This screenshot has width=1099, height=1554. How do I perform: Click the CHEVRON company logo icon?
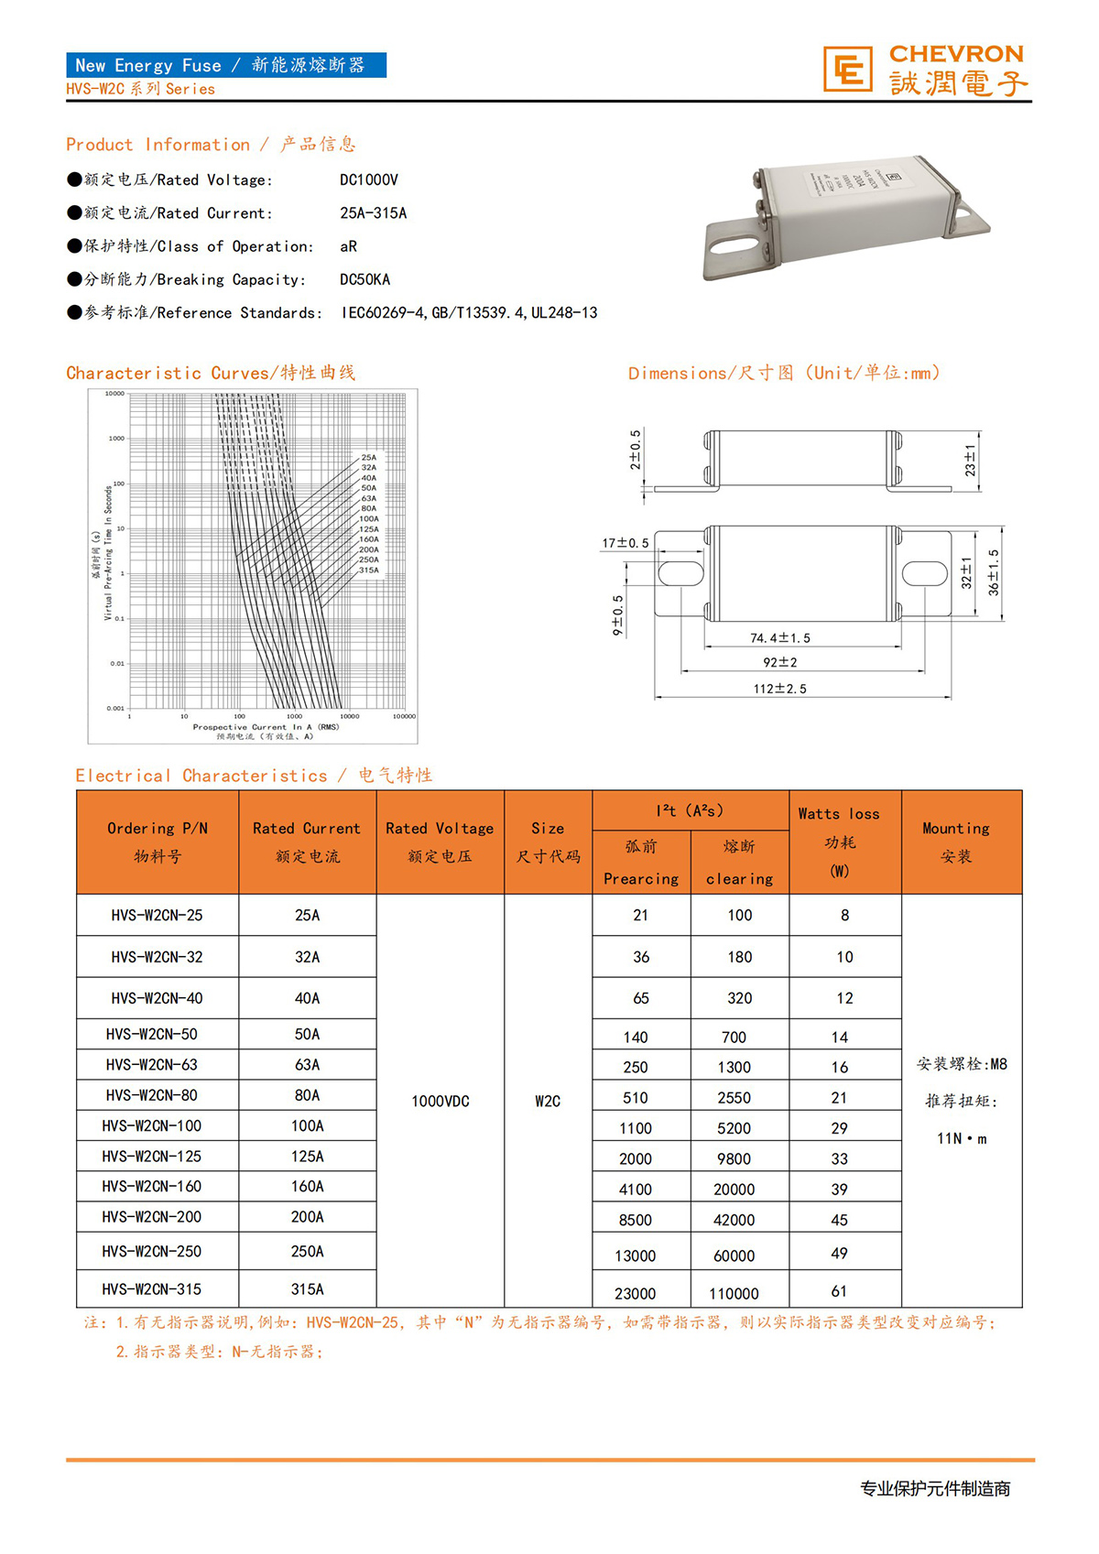pyautogui.click(x=847, y=70)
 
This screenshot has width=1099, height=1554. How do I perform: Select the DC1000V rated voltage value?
pyautogui.click(x=368, y=180)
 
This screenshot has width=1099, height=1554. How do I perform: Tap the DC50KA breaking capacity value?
pyautogui.click(x=365, y=279)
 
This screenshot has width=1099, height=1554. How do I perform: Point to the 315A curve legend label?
pyautogui.click(x=368, y=570)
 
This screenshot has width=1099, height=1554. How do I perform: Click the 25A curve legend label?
pyautogui.click(x=368, y=457)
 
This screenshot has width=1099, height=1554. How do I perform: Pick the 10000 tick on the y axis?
pyautogui.click(x=114, y=394)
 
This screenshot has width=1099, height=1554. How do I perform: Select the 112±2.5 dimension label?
pyautogui.click(x=779, y=689)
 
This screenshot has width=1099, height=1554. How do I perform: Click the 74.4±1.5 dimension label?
pyautogui.click(x=779, y=638)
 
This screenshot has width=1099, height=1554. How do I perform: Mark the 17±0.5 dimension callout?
pyautogui.click(x=625, y=543)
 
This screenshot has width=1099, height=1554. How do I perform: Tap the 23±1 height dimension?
pyautogui.click(x=970, y=460)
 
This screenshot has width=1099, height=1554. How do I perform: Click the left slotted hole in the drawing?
pyautogui.click(x=680, y=573)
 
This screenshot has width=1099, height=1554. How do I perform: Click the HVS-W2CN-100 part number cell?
pyautogui.click(x=152, y=1125)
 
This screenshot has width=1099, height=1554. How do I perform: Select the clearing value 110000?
pyautogui.click(x=734, y=1293)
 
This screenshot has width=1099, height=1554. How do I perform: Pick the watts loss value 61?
pyautogui.click(x=839, y=1291)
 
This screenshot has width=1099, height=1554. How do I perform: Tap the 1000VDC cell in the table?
pyautogui.click(x=440, y=1101)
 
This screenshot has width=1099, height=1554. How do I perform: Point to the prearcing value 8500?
pyautogui.click(x=635, y=1220)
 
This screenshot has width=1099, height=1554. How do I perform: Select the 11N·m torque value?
pyautogui.click(x=961, y=1138)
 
